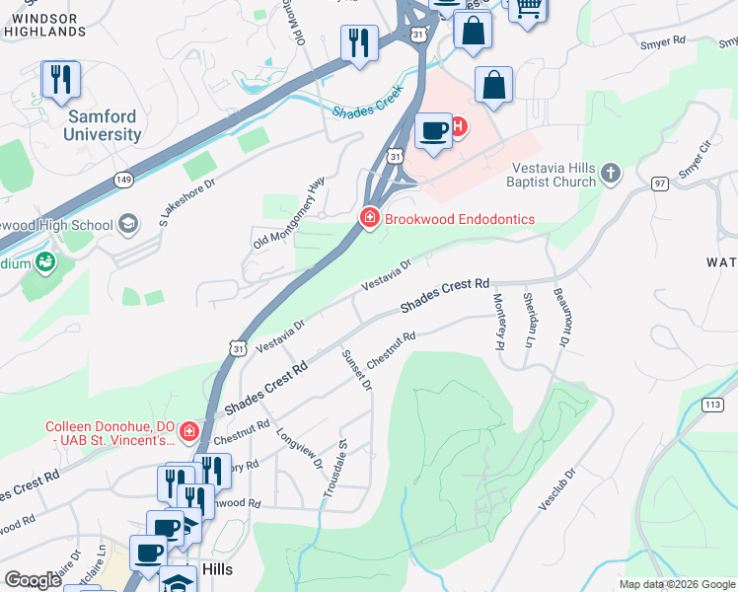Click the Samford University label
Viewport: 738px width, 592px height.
(x=103, y=125)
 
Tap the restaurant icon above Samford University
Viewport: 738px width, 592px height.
(x=61, y=80)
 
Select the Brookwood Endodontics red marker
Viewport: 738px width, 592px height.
(x=370, y=218)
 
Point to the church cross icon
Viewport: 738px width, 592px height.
(x=611, y=175)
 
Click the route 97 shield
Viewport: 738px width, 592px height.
(x=660, y=185)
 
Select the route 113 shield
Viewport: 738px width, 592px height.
(x=712, y=405)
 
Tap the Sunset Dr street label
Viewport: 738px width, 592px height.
(x=355, y=370)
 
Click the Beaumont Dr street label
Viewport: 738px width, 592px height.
(x=561, y=316)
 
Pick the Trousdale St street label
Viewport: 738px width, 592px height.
(x=333, y=469)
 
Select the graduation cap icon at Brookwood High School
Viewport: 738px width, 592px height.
(x=127, y=225)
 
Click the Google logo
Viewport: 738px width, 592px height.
(x=33, y=580)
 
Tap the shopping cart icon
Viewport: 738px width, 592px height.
(x=528, y=8)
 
